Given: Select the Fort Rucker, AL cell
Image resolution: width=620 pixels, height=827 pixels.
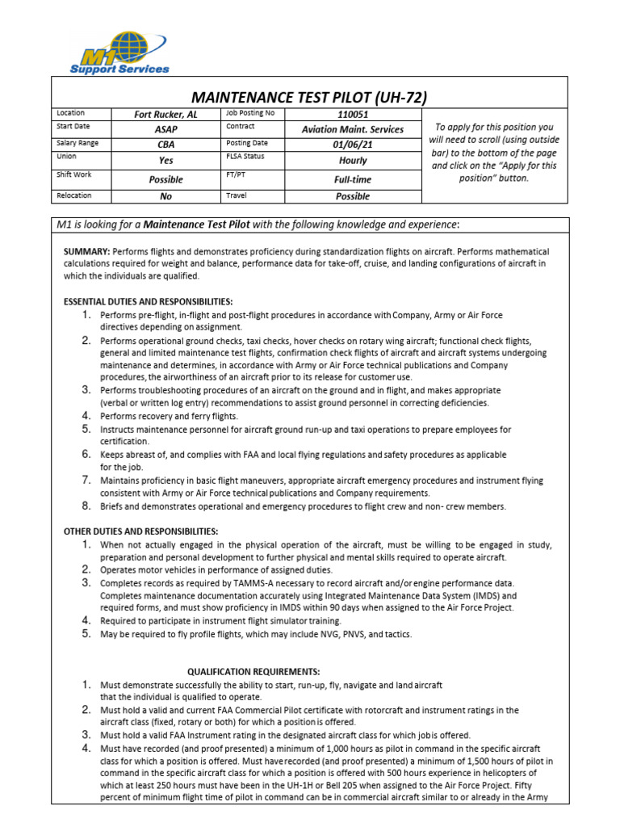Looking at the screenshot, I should (x=165, y=115).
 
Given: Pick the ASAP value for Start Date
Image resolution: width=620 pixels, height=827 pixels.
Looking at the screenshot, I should (x=165, y=129).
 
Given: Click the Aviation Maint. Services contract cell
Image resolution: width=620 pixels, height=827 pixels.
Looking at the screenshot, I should (x=352, y=129).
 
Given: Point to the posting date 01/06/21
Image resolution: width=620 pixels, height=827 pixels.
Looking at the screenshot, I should (x=352, y=144).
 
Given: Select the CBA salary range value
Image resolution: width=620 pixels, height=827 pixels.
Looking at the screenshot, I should (x=165, y=144).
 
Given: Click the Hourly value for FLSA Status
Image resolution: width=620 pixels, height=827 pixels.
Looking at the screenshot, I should (x=352, y=160).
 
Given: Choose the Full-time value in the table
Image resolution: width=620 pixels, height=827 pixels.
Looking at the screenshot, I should (x=352, y=179).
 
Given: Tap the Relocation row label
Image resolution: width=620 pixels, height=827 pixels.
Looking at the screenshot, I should (x=73, y=195).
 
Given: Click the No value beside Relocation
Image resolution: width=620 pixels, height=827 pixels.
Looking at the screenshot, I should (x=165, y=196).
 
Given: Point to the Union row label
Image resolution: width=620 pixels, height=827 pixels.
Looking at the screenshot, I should (x=67, y=156).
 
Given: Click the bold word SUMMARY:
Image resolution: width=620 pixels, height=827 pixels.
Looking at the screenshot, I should (x=87, y=252).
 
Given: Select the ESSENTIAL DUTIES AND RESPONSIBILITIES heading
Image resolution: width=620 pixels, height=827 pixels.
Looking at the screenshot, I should (x=148, y=301).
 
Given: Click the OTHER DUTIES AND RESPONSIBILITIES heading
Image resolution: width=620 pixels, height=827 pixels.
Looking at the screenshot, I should (x=140, y=531).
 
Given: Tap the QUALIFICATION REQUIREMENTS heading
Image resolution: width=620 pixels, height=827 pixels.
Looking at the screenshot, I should (x=253, y=671).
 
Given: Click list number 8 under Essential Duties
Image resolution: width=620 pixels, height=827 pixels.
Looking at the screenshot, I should (x=86, y=506).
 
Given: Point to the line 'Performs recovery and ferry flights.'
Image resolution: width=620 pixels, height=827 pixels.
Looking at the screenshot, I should (x=169, y=416).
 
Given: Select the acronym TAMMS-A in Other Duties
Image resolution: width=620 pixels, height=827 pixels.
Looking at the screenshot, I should (x=237, y=583).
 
